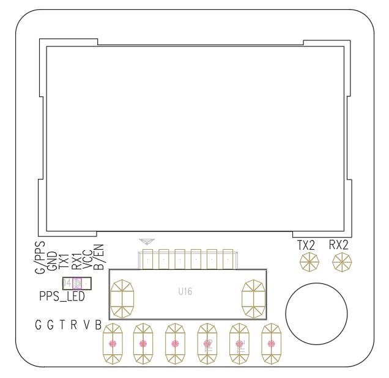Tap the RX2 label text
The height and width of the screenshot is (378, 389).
tap(338, 245)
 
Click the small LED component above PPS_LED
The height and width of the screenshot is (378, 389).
tap(77, 284)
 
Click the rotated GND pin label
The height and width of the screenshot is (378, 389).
tap(52, 260)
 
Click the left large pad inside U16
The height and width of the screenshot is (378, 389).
tap(124, 297)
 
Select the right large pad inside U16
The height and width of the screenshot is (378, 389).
tap(254, 297)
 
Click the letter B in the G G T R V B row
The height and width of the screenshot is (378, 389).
tap(98, 324)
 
